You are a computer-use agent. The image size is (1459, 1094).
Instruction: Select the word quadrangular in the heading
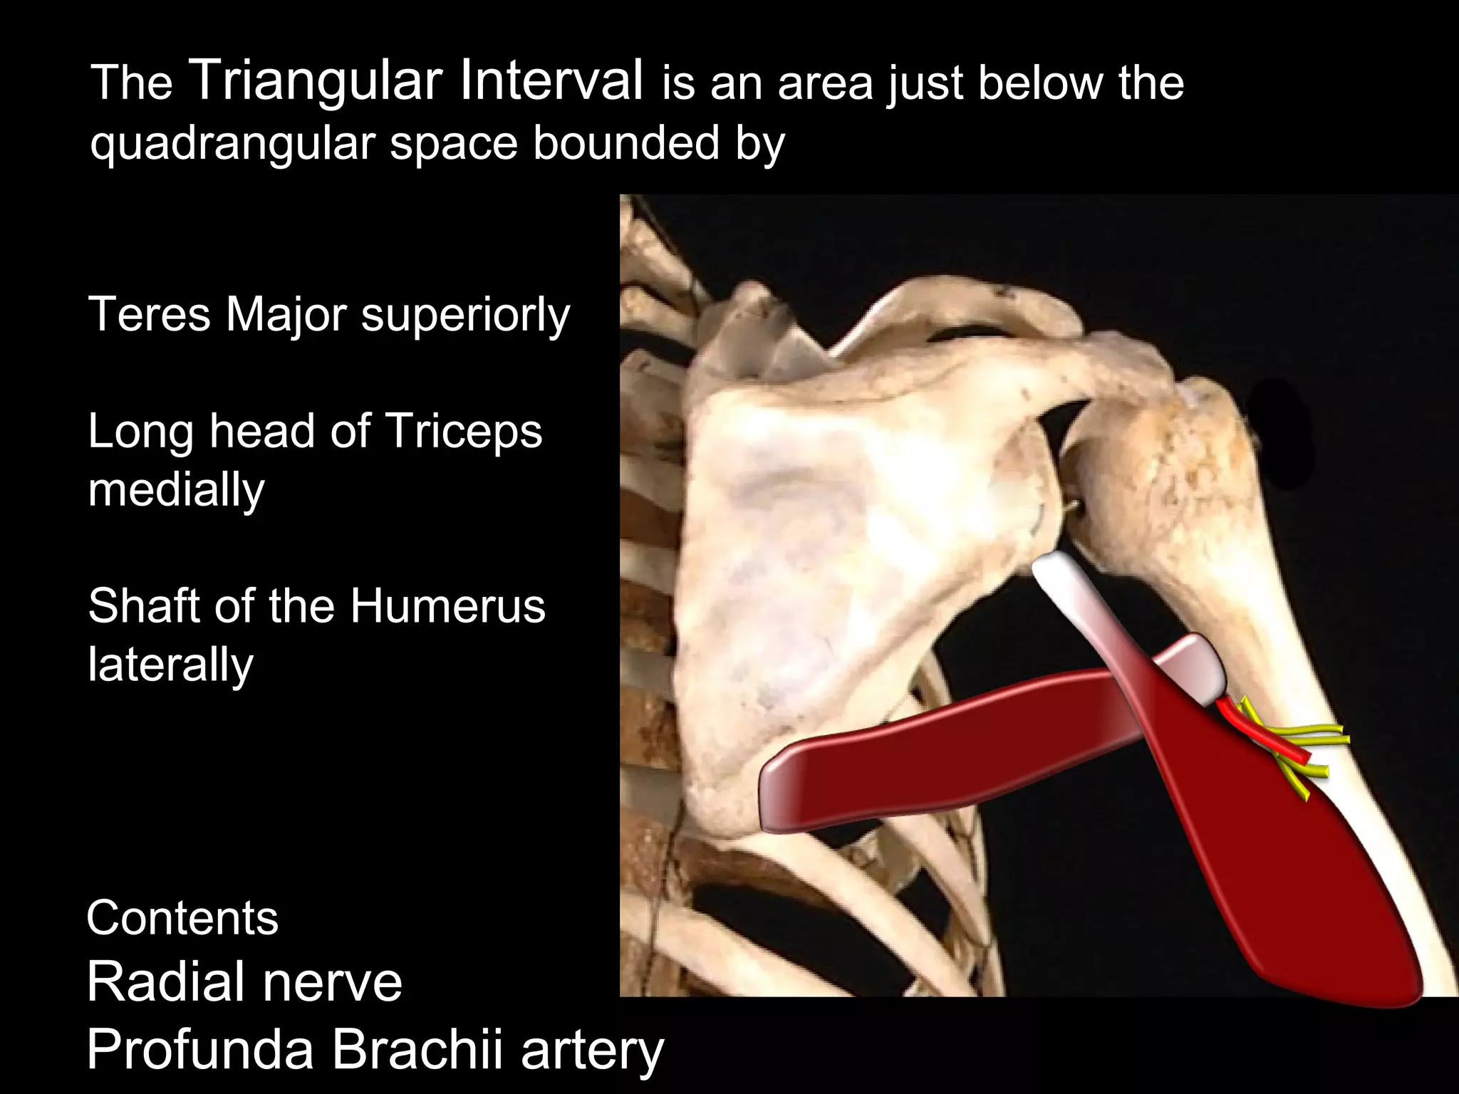point(232,144)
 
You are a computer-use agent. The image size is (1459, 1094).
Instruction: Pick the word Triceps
point(463,432)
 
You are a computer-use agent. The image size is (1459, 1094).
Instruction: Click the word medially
point(176,490)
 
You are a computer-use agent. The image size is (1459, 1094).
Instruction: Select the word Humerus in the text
point(447,606)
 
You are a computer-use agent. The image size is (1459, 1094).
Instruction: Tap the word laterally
point(170,665)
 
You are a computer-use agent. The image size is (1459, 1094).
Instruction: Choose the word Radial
point(167,981)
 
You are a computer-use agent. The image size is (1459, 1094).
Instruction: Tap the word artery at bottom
point(592,1051)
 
